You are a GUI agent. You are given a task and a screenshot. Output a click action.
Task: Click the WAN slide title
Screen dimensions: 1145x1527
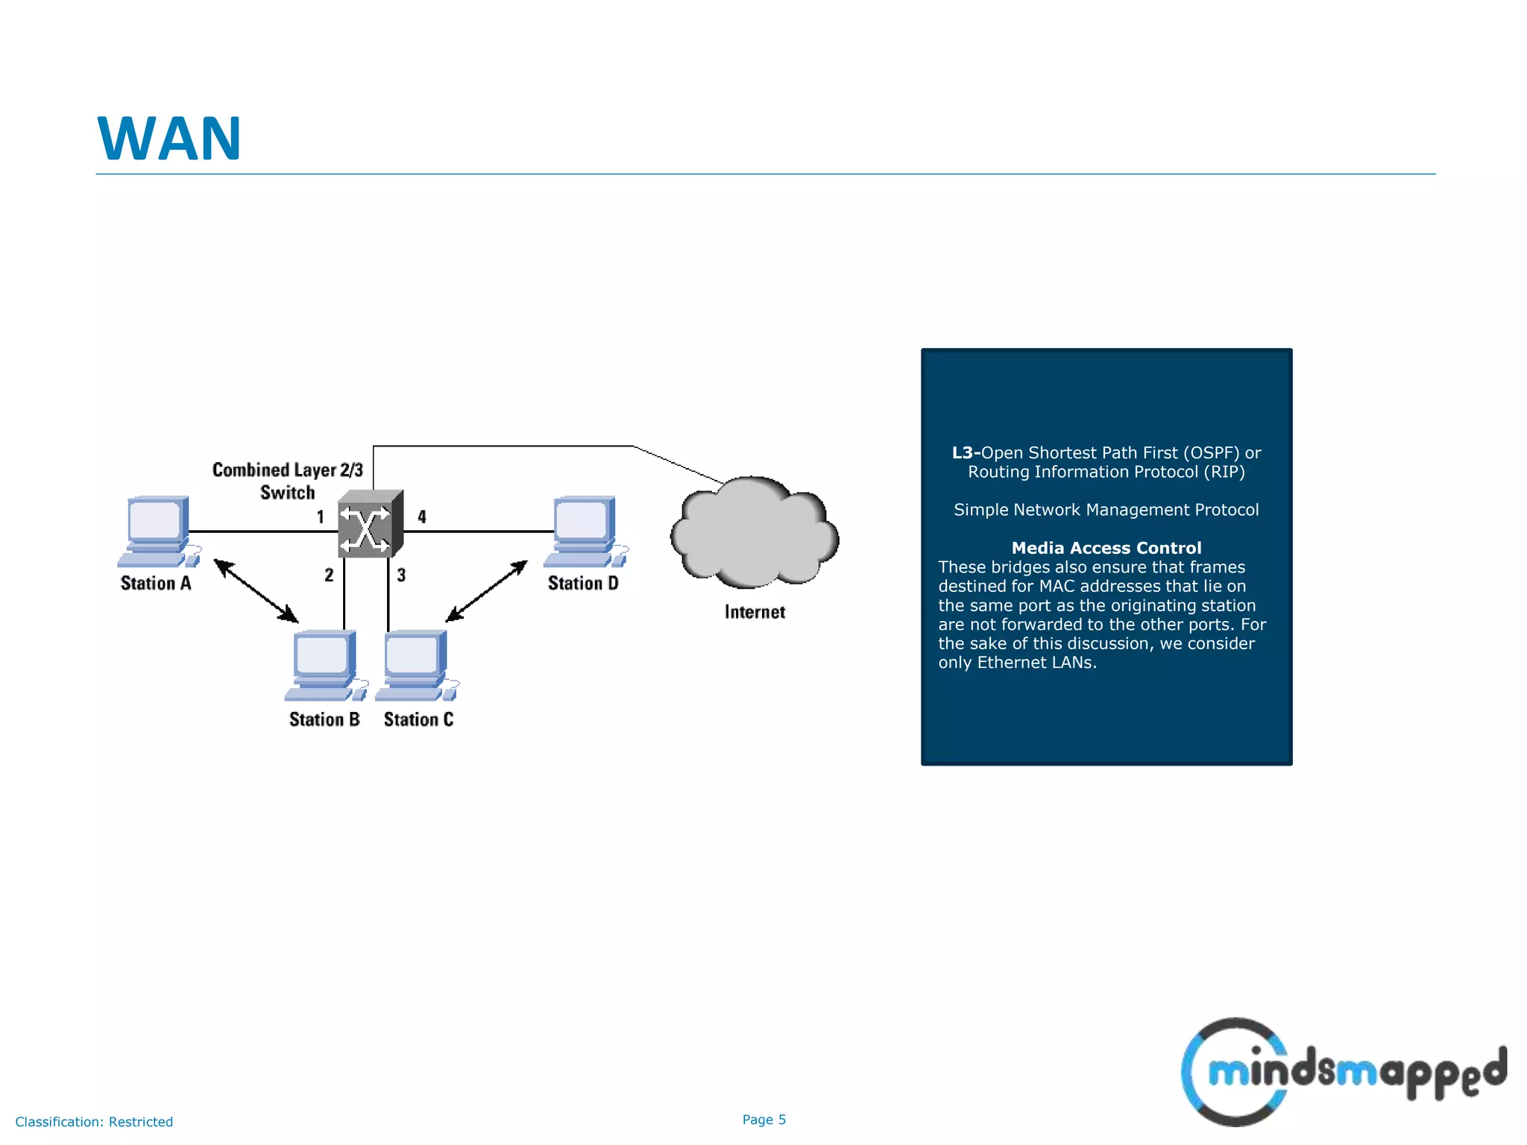pyautogui.click(x=169, y=139)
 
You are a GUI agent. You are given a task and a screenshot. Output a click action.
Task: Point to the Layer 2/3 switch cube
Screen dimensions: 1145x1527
pyautogui.click(x=369, y=525)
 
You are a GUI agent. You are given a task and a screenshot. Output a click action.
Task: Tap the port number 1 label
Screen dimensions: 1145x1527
pyautogui.click(x=321, y=517)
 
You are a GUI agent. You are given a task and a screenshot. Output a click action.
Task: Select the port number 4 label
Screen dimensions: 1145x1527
pyautogui.click(x=422, y=517)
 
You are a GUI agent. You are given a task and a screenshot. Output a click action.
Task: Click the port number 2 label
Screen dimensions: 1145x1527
pyautogui.click(x=329, y=575)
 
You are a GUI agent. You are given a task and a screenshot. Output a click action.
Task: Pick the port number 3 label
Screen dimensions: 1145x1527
pyautogui.click(x=401, y=575)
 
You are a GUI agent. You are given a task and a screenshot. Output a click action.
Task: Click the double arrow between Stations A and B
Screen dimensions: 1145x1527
pyautogui.click(x=256, y=590)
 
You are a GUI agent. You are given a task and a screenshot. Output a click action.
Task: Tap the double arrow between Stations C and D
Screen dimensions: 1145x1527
pyautogui.click(x=486, y=591)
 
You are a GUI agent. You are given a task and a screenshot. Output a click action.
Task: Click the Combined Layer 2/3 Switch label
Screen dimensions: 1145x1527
pyautogui.click(x=287, y=481)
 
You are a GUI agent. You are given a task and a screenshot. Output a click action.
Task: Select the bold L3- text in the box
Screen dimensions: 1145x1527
pyautogui.click(x=966, y=453)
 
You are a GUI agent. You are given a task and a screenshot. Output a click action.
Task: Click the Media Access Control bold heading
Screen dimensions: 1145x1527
pyautogui.click(x=1106, y=548)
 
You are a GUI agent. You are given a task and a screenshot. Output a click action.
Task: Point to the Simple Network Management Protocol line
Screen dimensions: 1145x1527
pyautogui.click(x=1106, y=510)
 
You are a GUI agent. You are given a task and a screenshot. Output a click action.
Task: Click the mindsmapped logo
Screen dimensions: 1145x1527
pyautogui.click(x=1342, y=1072)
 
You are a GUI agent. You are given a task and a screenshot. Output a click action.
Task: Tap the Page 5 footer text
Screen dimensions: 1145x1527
pyautogui.click(x=763, y=1120)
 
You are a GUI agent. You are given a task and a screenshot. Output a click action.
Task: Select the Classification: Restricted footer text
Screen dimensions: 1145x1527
pyautogui.click(x=94, y=1122)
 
